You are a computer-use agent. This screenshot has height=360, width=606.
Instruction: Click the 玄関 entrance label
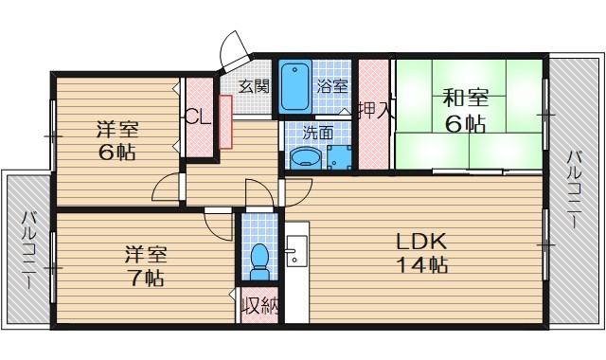click(253, 86)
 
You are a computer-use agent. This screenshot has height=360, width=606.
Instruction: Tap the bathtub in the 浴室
click(295, 86)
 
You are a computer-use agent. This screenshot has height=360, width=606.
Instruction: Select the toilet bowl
click(258, 261)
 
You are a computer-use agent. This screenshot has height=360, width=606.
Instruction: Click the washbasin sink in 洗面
click(305, 158)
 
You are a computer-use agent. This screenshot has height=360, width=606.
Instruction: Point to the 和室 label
click(466, 98)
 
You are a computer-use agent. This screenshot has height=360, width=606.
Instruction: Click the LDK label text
click(422, 242)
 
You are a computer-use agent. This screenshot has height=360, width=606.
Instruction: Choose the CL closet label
click(198, 116)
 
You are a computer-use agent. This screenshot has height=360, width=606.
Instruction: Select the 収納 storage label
click(259, 306)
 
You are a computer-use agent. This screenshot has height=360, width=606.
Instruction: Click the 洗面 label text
click(318, 133)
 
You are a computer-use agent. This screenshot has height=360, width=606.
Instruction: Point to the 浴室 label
click(332, 86)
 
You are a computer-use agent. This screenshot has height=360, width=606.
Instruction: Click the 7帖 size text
click(146, 278)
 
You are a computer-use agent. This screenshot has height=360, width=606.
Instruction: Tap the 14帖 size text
click(422, 265)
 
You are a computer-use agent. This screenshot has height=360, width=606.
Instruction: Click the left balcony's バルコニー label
click(28, 249)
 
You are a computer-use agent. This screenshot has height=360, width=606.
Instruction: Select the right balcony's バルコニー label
click(575, 189)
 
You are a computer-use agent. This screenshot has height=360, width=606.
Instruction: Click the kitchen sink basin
click(296, 250)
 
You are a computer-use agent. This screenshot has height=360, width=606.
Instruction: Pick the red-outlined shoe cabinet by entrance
click(225, 122)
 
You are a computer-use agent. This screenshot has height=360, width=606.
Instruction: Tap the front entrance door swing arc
click(229, 45)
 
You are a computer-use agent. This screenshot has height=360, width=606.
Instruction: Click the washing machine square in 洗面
click(339, 157)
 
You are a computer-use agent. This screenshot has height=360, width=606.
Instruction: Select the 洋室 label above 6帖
click(117, 129)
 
